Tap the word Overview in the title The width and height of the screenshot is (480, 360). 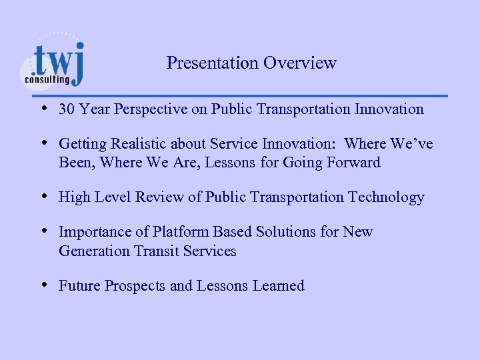tap(300, 63)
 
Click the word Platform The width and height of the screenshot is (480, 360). tap(182, 232)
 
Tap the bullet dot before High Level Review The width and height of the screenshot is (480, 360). tap(43, 197)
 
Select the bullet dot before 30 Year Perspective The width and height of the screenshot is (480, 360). tap(43, 108)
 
